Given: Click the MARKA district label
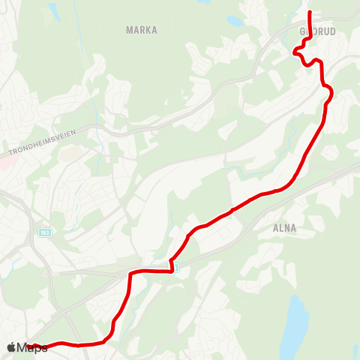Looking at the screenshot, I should coord(142,30).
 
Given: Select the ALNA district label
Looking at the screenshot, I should coord(286,228).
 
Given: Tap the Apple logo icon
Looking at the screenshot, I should coord(12,348).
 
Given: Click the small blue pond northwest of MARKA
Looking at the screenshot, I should coord(53,10).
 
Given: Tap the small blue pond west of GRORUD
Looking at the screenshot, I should coord(235,21).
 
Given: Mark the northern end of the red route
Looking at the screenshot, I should coord(310,13).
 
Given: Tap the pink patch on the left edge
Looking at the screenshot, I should coord(3,162).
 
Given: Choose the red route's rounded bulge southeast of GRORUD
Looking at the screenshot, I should coord(328,91).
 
